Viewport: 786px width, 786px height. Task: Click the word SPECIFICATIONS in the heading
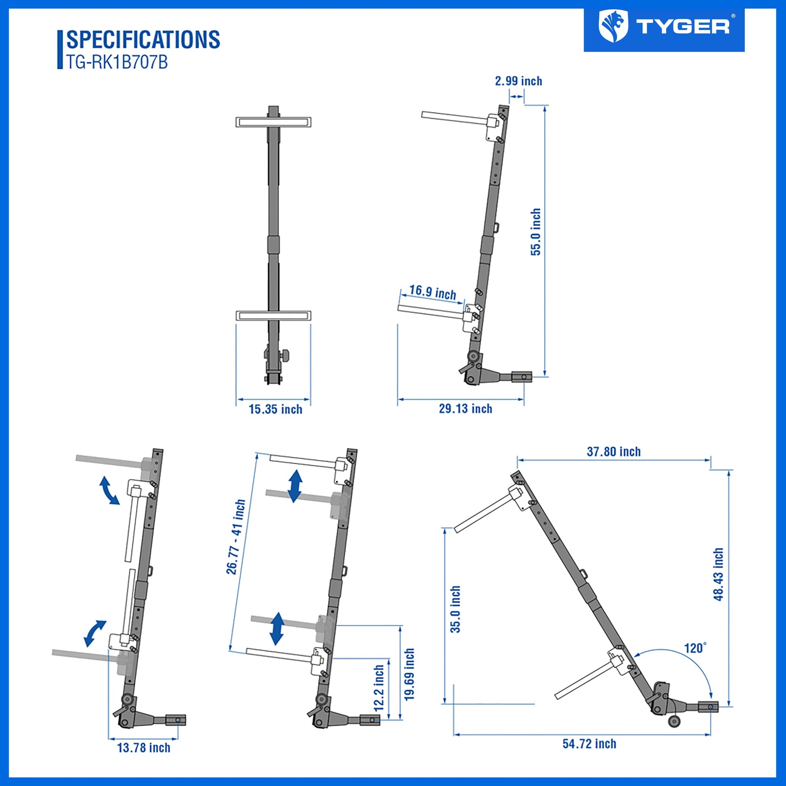pos(143,40)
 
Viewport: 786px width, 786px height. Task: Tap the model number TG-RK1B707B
pos(117,63)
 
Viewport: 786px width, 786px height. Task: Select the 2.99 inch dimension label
pos(518,81)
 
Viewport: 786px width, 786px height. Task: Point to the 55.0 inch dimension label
pos(536,232)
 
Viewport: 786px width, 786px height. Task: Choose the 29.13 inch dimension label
pos(465,408)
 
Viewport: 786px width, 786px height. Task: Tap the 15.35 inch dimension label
pos(275,409)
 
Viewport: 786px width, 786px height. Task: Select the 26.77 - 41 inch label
pos(236,537)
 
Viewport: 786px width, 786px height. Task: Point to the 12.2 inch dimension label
pos(379,688)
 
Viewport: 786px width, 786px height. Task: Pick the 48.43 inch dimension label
pos(719,574)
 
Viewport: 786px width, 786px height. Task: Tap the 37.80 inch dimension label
pos(614,452)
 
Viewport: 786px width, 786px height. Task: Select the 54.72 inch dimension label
pos(590,744)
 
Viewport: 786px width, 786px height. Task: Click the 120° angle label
pos(696,659)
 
